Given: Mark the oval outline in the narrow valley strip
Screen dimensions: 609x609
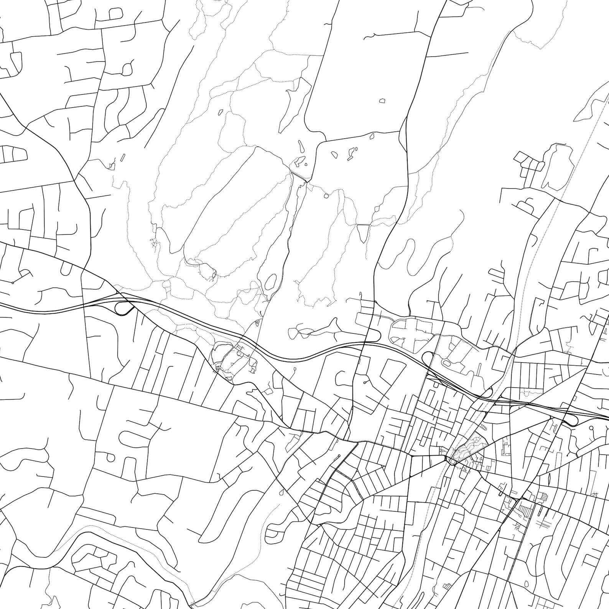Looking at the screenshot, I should pyautogui.click(x=270, y=283).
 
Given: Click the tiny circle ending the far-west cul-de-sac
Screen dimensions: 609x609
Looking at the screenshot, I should pyautogui.click(x=13, y=283).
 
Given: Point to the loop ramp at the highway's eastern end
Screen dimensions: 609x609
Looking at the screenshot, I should pyautogui.click(x=572, y=420).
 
